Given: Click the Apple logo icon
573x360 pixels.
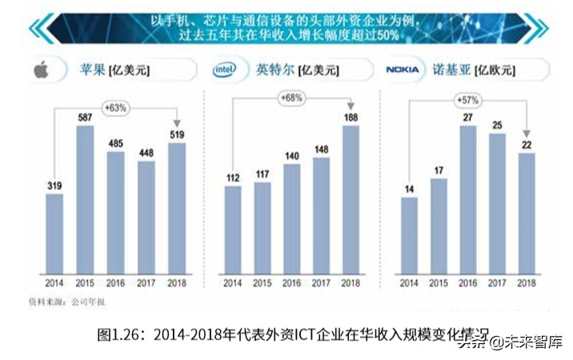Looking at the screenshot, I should (41, 70).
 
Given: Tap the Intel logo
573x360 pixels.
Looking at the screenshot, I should (224, 70).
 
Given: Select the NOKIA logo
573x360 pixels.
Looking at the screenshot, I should (403, 70).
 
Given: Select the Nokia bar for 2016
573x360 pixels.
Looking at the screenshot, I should (468, 199).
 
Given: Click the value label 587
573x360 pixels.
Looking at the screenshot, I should (85, 118).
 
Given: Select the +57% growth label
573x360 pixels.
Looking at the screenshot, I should (468, 100).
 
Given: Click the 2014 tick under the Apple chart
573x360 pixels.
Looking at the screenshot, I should (54, 283).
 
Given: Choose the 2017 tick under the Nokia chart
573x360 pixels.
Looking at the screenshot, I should (497, 283).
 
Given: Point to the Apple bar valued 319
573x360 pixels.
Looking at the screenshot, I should (54, 233).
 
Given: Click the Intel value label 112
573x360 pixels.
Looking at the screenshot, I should (233, 178).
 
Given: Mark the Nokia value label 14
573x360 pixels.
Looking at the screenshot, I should (409, 189).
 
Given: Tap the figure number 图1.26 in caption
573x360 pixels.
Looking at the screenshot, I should (114, 332).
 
